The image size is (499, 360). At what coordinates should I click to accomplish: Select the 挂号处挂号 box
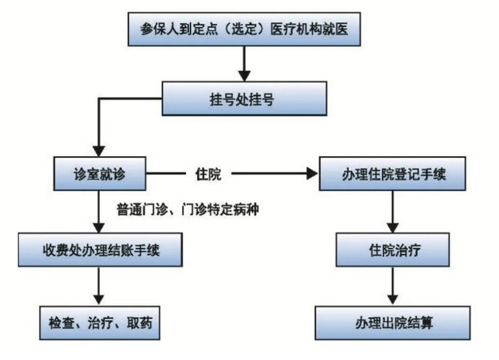pyautogui.click(x=244, y=99)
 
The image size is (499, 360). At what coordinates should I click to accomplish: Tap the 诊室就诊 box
pyautogui.click(x=100, y=174)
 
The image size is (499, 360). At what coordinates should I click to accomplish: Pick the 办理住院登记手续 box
pyautogui.click(x=392, y=174)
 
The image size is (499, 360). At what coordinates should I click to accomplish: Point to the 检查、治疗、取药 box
pyautogui.click(x=100, y=322)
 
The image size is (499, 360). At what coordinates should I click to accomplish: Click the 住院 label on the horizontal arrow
pyautogui.click(x=208, y=175)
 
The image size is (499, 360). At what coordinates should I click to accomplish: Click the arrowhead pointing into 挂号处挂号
pyautogui.click(x=244, y=76)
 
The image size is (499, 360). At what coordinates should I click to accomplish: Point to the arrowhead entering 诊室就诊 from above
pyautogui.click(x=100, y=151)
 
